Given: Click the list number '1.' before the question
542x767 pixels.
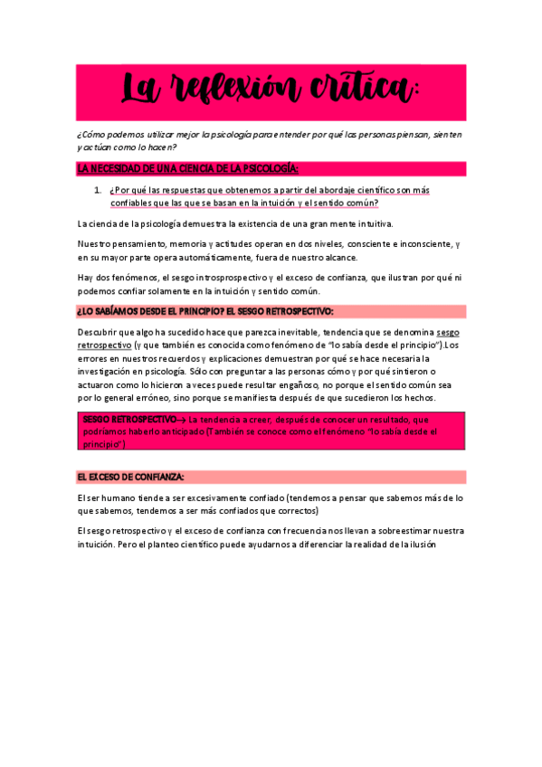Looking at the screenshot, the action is tap(99, 190).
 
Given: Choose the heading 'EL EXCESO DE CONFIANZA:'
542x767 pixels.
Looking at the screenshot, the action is tap(131, 477).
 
